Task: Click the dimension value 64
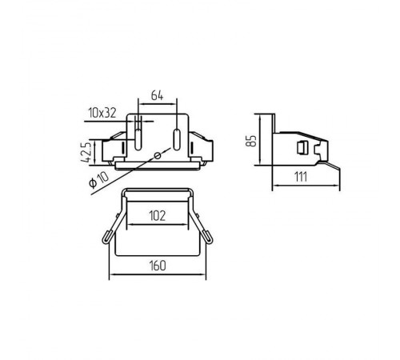pyautogui.click(x=157, y=95)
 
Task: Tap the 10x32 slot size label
pyautogui.click(x=102, y=113)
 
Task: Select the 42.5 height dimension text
pyautogui.click(x=86, y=153)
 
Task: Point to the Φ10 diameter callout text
pyautogui.click(x=99, y=179)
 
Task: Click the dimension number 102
pyautogui.click(x=158, y=216)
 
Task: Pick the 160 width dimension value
pyautogui.click(x=158, y=266)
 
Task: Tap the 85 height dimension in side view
pyautogui.click(x=251, y=141)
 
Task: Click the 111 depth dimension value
pyautogui.click(x=301, y=177)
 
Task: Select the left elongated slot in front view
pyautogui.click(x=138, y=139)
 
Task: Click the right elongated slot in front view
pyautogui.click(x=177, y=139)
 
